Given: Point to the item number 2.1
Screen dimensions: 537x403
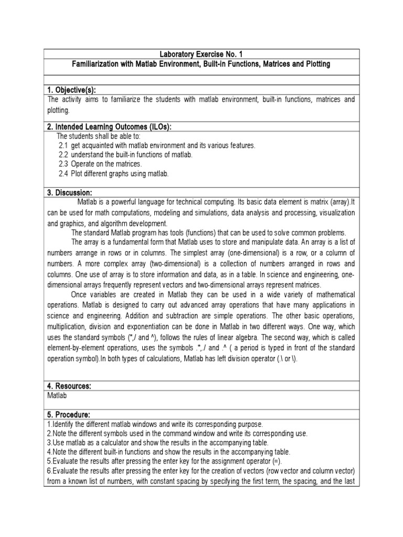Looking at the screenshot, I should (63, 145).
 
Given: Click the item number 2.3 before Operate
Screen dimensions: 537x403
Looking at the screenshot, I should (63, 164).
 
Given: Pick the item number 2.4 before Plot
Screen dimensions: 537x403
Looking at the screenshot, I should (63, 174).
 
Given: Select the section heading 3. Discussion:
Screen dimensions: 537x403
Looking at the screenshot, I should (70, 192).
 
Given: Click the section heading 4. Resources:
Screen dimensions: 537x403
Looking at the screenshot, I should (70, 386).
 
